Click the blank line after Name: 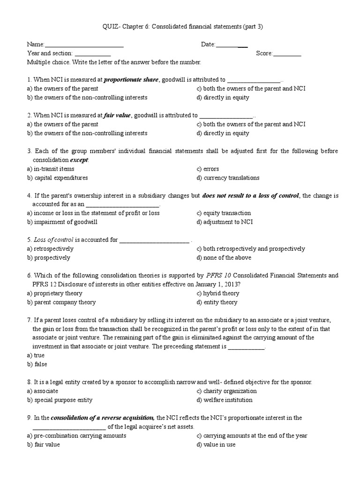tap(84, 45)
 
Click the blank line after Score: tap(287, 54)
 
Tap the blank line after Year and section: tap(92, 54)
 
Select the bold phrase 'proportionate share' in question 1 tap(132, 80)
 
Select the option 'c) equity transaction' tap(224, 213)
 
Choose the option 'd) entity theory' tap(217, 302)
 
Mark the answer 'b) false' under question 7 tap(37, 364)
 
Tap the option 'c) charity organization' tap(226, 391)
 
